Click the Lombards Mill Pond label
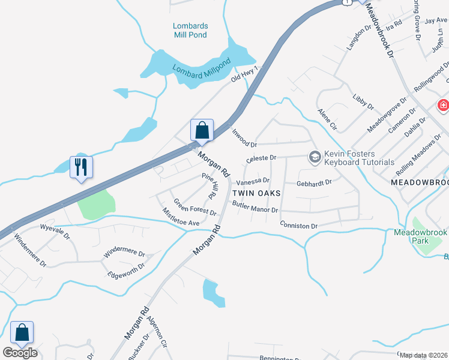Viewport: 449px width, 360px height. pos(190,30)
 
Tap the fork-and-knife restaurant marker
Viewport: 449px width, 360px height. pos(82,167)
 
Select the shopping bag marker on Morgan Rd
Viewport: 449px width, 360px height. pos(202,130)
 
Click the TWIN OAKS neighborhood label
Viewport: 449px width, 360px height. pos(257,194)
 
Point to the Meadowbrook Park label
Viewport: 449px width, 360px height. pos(420,236)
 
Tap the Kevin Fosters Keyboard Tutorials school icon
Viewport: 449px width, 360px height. pos(315,157)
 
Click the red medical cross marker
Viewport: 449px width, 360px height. pos(444,106)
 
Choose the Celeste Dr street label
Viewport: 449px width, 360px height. pos(261,159)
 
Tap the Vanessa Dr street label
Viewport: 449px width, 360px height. pos(253,181)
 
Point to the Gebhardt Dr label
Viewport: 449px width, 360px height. pos(314,183)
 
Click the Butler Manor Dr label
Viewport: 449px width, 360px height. pos(255,207)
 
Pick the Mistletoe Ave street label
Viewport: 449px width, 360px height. pos(181,217)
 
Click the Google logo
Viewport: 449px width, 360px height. pos(20,352)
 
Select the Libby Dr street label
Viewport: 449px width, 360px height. pos(363,103)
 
